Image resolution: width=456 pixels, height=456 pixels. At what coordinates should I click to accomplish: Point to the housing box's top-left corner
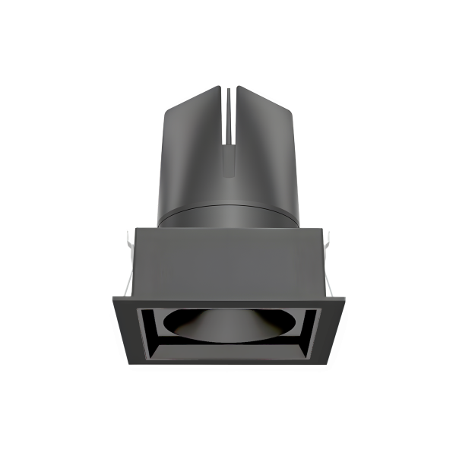137,227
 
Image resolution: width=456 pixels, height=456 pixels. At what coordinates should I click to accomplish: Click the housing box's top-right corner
319,227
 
